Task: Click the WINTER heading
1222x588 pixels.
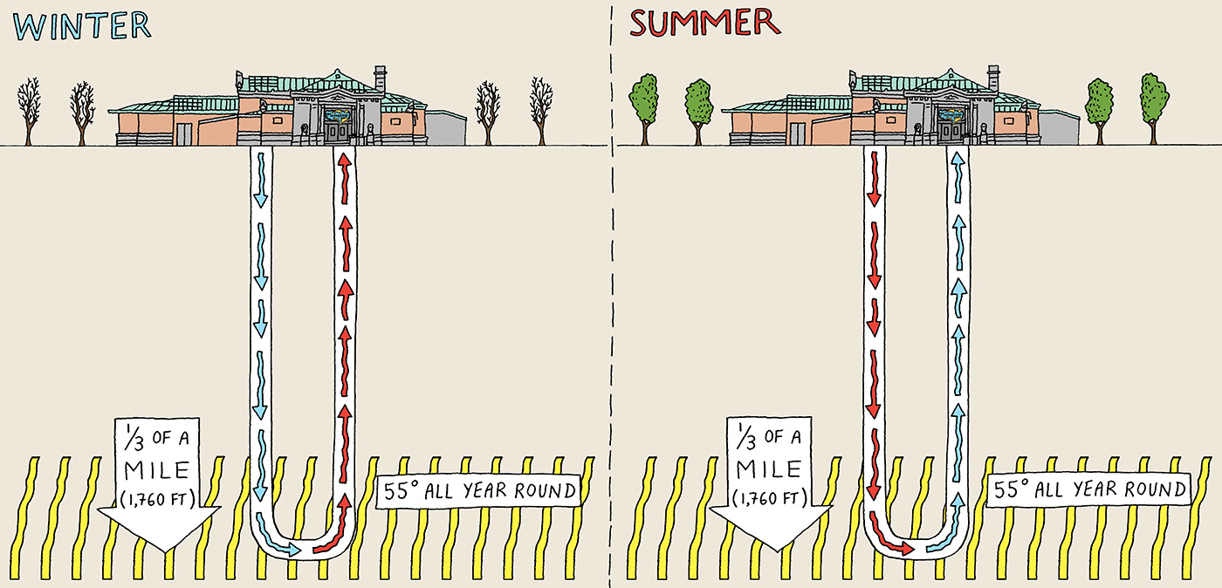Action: coord(84,25)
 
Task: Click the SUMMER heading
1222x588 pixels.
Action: coord(704,24)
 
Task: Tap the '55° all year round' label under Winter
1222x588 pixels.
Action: coord(477,491)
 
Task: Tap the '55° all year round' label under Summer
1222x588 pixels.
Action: coord(1089,490)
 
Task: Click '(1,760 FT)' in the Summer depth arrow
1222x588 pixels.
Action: coord(767,498)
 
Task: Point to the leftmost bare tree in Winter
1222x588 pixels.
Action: coord(29,109)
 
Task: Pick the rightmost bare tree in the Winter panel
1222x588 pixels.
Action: coord(542,109)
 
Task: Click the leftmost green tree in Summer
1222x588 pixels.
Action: coord(643,105)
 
